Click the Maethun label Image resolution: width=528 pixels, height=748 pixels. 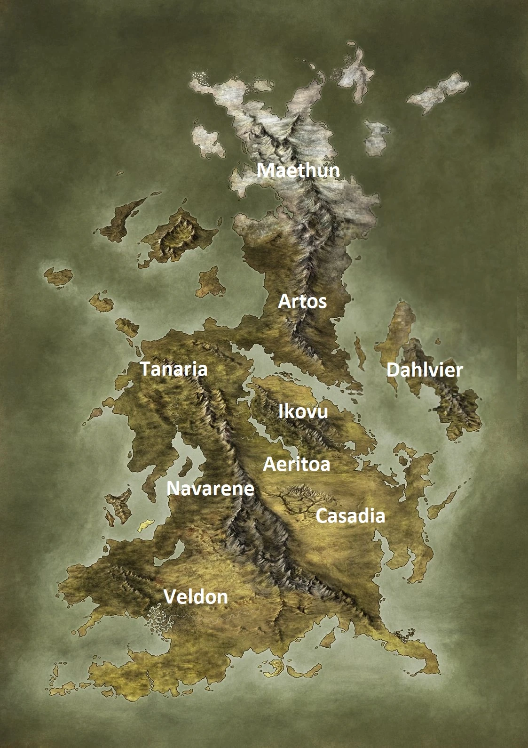click(x=299, y=170)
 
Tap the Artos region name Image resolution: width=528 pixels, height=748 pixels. click(x=302, y=302)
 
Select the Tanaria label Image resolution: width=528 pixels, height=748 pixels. click(x=174, y=370)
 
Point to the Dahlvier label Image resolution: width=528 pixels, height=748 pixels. click(x=425, y=370)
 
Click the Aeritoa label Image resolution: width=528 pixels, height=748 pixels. click(x=297, y=465)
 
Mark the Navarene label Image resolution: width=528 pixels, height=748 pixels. click(x=211, y=489)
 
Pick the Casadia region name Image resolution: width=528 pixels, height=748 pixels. click(x=350, y=516)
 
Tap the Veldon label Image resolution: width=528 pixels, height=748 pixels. click(x=196, y=597)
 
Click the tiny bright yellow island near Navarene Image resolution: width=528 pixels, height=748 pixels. click(x=145, y=525)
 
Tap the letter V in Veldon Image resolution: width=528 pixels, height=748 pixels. click(x=170, y=597)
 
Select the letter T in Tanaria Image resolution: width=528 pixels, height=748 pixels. click(x=146, y=370)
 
